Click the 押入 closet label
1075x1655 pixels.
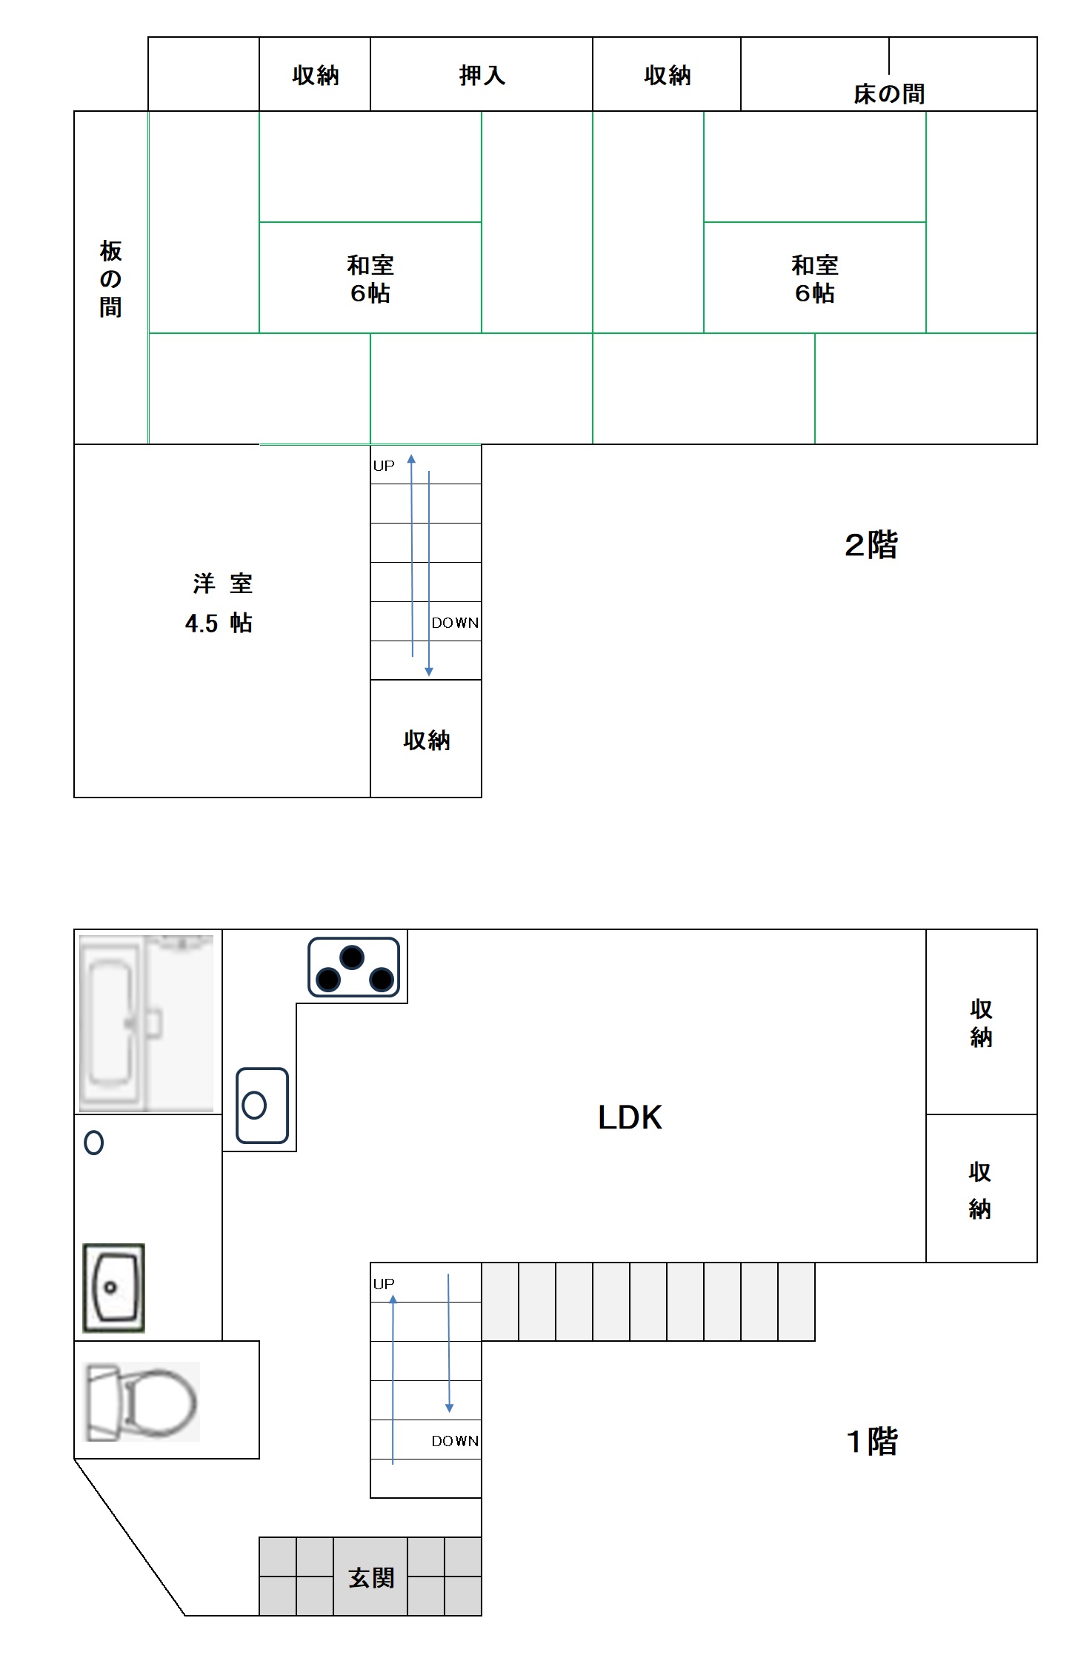482,76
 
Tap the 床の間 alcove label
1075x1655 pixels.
889,94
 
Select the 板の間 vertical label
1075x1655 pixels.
110,278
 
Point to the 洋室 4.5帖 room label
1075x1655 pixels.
219,603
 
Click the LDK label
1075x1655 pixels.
630,1117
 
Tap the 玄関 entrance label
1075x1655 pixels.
371,1577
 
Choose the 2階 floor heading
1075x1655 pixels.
871,545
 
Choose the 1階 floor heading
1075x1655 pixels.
872,1441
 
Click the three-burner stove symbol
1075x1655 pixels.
353,967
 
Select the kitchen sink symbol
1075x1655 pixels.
262,1105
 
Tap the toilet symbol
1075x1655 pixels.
142,1402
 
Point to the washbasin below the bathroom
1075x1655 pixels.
113,1288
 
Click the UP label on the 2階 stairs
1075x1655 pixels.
384,466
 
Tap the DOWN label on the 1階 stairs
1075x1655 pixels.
455,1441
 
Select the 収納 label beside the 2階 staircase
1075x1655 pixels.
427,740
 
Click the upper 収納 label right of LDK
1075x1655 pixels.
981,1023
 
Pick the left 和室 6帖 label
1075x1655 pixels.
370,279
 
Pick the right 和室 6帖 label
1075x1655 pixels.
815,279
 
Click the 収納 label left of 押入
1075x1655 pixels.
316,76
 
